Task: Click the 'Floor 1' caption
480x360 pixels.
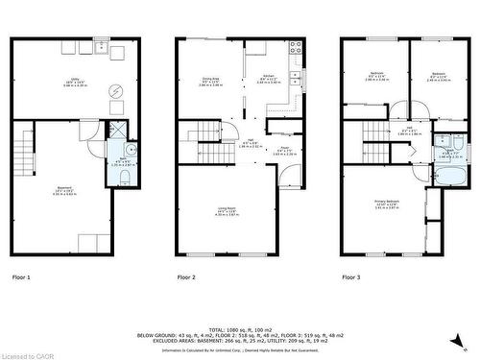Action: pyautogui.click(x=21, y=276)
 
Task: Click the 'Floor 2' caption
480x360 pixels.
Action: pyautogui.click(x=186, y=276)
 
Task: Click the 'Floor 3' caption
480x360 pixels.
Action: pyautogui.click(x=351, y=276)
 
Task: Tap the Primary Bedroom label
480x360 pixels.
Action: pyautogui.click(x=386, y=204)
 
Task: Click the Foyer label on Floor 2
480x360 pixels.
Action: pyautogui.click(x=284, y=150)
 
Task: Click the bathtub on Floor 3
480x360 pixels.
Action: pyautogui.click(x=448, y=177)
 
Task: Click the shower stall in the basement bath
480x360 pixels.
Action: pyautogui.click(x=118, y=132)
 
